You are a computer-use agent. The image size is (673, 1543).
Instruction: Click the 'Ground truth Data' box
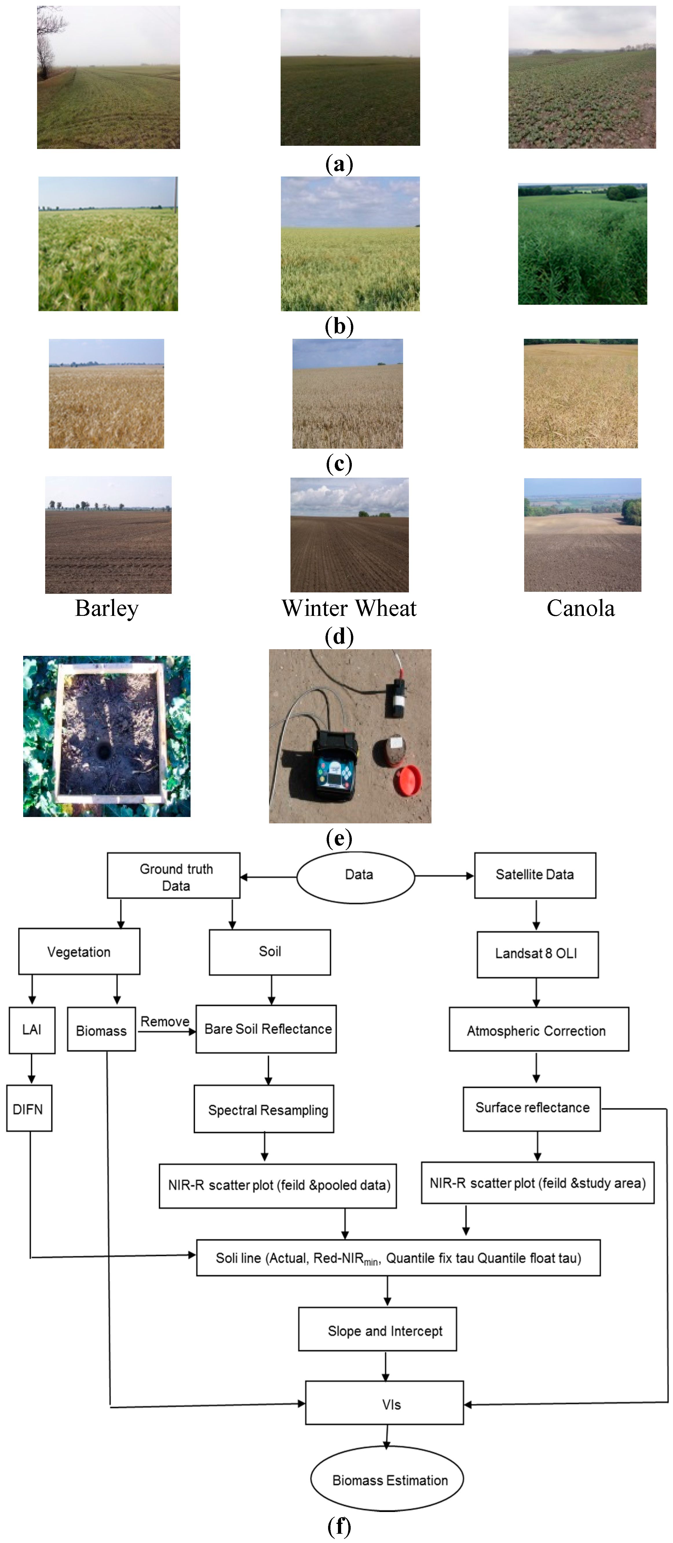pos(174,876)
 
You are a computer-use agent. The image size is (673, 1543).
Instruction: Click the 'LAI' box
pos(32,1030)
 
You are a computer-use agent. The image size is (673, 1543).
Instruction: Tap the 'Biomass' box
pos(101,1030)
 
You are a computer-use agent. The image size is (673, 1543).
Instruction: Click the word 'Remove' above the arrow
pos(165,1021)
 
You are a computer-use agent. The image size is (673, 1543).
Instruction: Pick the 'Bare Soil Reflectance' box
pos(266,1029)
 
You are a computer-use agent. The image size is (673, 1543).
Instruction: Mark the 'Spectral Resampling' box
pos(264,1109)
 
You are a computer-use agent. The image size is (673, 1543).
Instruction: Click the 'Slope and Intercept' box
pos(378,1330)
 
